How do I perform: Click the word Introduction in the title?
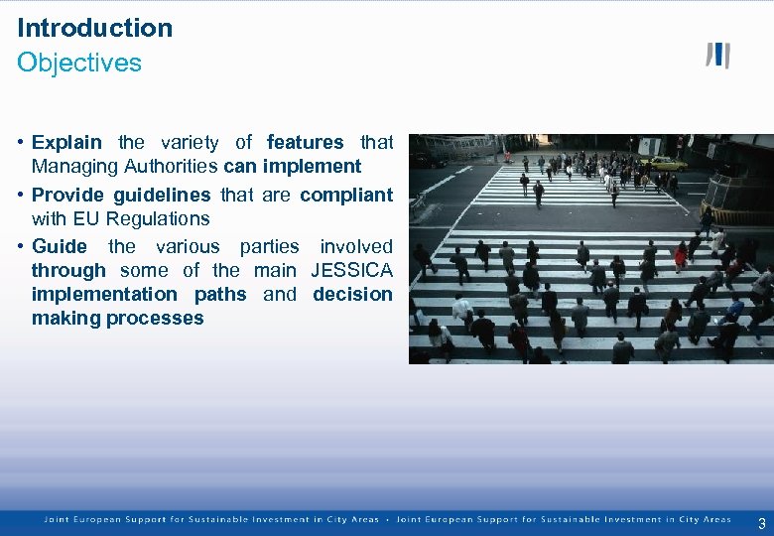[94, 28]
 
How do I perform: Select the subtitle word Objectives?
[79, 63]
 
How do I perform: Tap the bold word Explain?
[66, 143]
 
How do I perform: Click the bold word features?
[305, 143]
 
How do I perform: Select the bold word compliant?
[346, 195]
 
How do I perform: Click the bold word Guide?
[60, 246]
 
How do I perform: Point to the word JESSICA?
[351, 270]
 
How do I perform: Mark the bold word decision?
[352, 294]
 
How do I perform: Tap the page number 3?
[761, 524]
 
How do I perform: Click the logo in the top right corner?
[717, 56]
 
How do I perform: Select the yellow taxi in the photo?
[663, 163]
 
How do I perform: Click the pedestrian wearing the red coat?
[681, 257]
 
